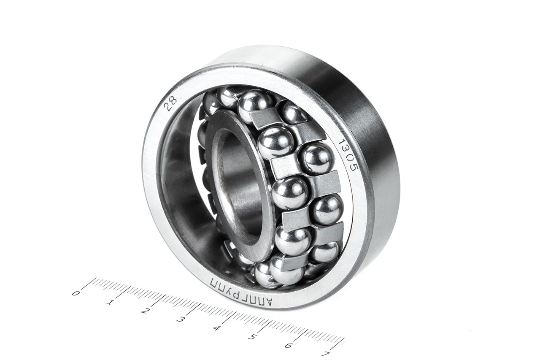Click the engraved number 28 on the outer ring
tap(170, 103)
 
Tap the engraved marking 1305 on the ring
tap(349, 155)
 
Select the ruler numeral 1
tap(111, 302)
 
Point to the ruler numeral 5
tap(252, 337)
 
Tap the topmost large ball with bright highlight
tap(255, 105)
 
